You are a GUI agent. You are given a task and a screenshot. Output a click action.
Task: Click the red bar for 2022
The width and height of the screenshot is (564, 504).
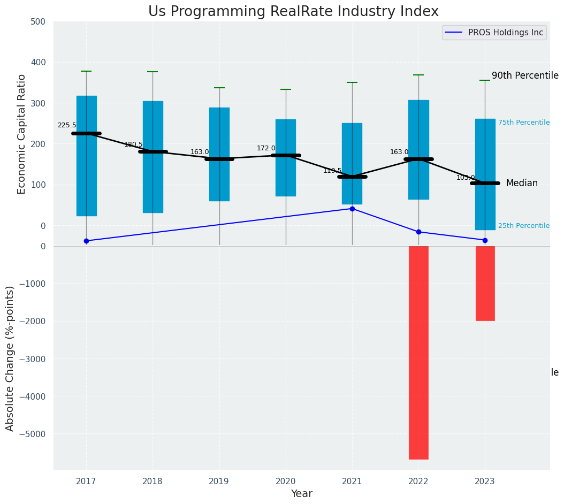[418, 352]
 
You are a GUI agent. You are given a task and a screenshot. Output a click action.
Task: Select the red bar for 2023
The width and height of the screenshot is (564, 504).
[485, 284]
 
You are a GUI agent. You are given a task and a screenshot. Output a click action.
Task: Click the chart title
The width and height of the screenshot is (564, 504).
[293, 12]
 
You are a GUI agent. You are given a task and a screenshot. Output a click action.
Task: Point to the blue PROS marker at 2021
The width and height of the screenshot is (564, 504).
[352, 209]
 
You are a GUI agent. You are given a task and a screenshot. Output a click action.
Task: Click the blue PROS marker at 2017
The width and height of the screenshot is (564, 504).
[86, 241]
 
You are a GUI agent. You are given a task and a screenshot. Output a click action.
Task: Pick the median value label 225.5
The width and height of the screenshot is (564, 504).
[67, 125]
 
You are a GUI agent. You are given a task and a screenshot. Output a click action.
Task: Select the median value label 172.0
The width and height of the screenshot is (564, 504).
[266, 148]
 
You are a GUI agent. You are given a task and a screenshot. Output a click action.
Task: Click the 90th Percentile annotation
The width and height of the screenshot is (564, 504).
[525, 76]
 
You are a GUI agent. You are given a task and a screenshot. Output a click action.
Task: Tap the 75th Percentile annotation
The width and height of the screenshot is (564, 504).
[523, 123]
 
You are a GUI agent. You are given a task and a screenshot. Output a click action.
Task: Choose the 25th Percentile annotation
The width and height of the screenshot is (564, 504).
[523, 226]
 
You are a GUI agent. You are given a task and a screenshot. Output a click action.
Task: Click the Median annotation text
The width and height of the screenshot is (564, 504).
[522, 183]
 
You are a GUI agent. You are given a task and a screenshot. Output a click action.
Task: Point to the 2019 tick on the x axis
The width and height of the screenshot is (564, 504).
[219, 482]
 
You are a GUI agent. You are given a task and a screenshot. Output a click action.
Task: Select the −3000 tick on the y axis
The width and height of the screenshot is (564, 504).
[33, 359]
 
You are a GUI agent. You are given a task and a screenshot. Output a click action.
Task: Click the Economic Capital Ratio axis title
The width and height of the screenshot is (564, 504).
[22, 134]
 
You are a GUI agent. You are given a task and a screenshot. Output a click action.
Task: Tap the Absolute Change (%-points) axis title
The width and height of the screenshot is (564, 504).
[10, 358]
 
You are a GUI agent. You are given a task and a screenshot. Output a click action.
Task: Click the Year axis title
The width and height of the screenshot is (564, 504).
[301, 494]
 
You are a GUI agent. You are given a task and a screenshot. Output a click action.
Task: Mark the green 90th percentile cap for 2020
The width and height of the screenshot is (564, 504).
[286, 89]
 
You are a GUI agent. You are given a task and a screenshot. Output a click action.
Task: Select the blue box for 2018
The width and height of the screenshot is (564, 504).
[153, 157]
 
